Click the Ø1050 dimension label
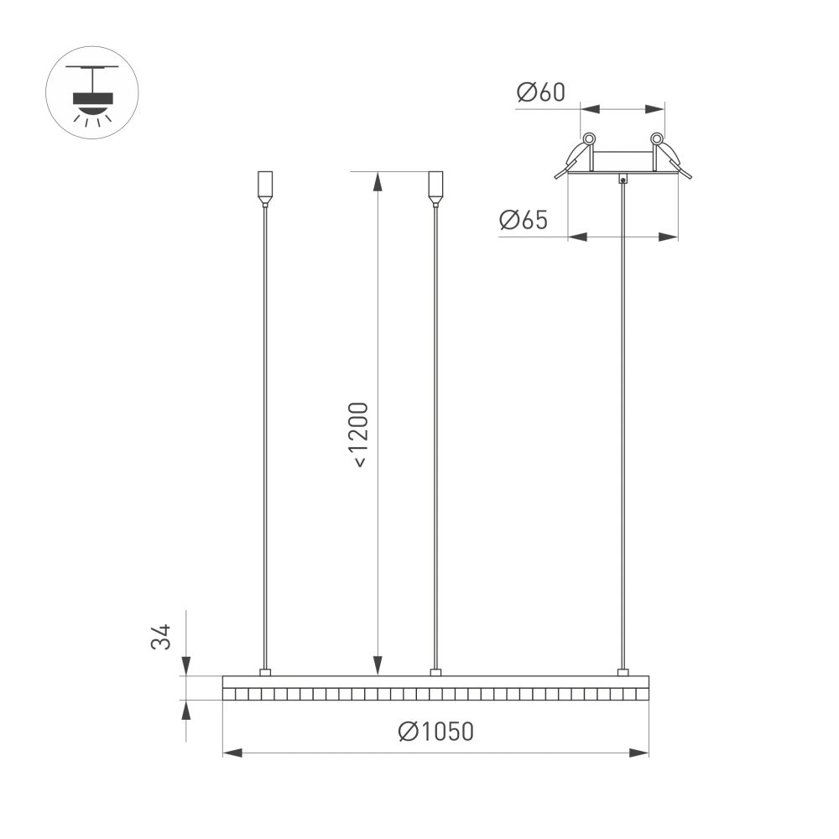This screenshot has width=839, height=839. click(x=436, y=732)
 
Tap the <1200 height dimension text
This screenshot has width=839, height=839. click(x=360, y=434)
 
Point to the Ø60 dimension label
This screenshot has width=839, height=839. click(x=541, y=93)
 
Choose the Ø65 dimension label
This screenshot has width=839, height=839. click(x=523, y=221)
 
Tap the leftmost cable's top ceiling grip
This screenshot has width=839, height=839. click(x=265, y=188)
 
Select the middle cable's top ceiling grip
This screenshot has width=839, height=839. click(x=435, y=188)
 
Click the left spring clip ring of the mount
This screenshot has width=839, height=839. click(x=589, y=139)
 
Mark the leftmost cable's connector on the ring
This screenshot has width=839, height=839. click(x=265, y=672)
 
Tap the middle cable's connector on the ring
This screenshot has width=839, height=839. click(x=435, y=672)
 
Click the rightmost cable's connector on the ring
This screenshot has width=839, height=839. click(x=623, y=672)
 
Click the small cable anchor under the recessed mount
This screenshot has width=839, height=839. click(x=623, y=178)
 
